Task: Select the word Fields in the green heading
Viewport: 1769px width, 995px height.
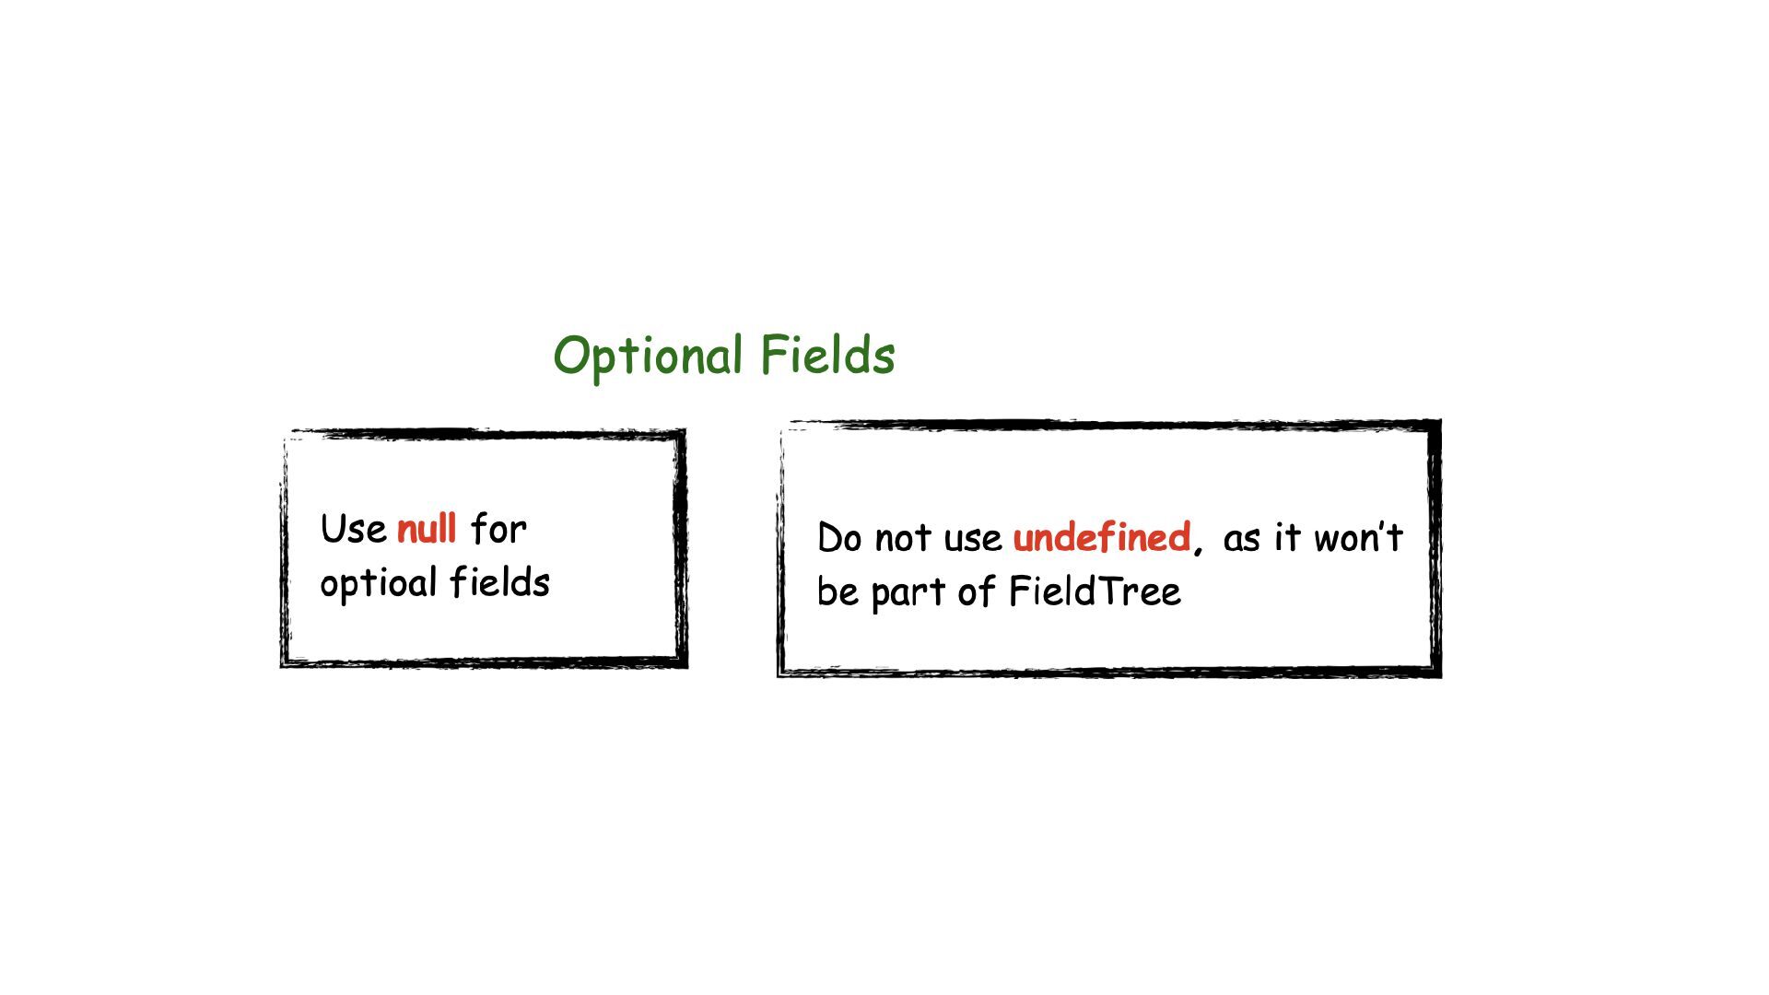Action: point(827,355)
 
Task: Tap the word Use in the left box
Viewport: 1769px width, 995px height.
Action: point(353,530)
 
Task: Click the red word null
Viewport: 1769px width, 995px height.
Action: point(427,529)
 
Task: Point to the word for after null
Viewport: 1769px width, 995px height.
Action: point(498,530)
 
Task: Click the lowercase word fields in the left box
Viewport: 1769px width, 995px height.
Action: point(499,582)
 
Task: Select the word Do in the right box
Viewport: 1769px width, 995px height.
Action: point(838,538)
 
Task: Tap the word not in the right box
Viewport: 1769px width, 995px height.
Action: point(902,538)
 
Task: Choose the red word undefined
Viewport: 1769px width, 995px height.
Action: point(1101,537)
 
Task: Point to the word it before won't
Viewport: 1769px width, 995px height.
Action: point(1287,537)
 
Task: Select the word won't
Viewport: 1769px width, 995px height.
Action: point(1357,537)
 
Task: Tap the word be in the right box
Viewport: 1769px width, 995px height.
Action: point(838,591)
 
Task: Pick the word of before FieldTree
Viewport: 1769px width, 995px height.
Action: point(975,591)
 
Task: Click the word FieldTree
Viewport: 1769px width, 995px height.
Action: point(1094,591)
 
